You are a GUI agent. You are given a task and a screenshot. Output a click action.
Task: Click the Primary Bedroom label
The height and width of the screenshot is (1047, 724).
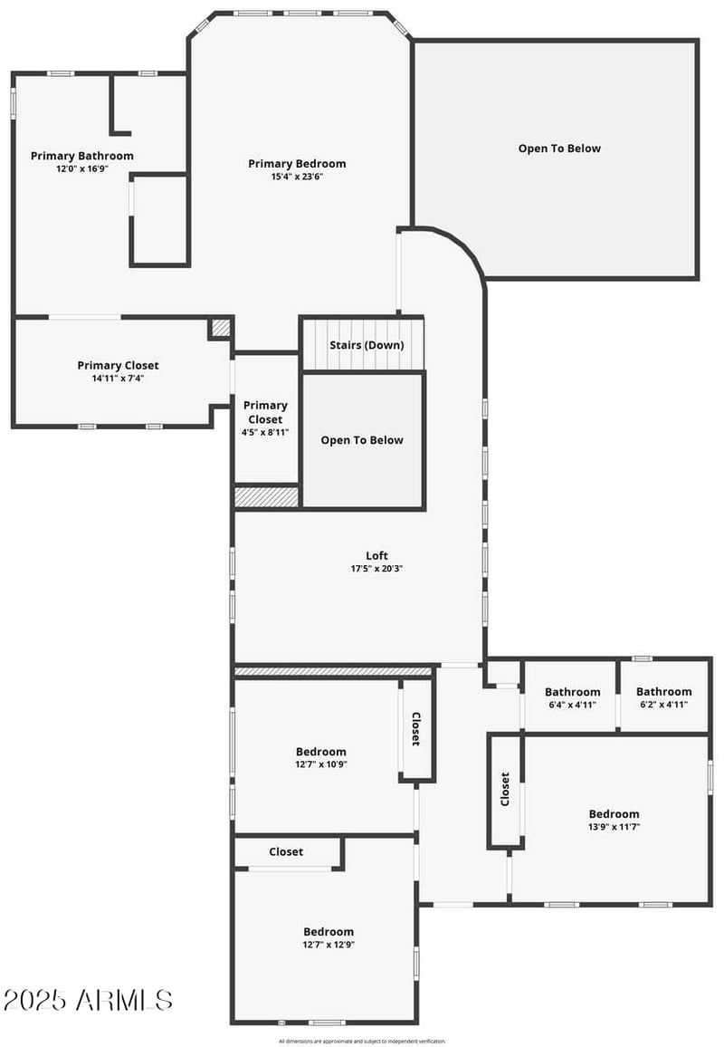(297, 164)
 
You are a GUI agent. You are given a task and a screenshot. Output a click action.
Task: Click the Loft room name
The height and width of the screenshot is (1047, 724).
(376, 556)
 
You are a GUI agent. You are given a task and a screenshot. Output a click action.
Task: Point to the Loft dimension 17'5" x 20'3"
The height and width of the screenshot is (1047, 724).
(376, 569)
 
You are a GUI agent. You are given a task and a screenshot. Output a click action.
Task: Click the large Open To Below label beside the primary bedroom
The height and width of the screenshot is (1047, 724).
(558, 149)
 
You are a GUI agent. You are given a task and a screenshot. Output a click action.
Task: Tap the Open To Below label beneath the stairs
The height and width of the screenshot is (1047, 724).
(362, 440)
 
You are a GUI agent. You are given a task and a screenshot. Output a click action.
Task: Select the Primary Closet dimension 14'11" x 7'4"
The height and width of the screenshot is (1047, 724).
(118, 379)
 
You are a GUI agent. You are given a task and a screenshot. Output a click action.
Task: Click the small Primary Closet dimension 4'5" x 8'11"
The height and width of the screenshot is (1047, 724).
(265, 433)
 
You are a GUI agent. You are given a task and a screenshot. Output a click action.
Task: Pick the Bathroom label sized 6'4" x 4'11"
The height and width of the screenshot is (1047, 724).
(572, 692)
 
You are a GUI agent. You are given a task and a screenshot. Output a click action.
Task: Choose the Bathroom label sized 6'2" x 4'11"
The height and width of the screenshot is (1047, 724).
(663, 692)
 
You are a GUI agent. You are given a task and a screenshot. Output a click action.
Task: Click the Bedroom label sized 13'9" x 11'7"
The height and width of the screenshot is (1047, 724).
(614, 814)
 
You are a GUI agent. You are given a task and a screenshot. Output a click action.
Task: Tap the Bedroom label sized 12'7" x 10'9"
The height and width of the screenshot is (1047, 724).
(321, 752)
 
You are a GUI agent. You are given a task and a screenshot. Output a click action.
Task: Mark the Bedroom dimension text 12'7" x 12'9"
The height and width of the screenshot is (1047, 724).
(328, 945)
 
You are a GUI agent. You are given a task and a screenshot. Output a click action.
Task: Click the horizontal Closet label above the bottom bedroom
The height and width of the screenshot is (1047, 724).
(286, 852)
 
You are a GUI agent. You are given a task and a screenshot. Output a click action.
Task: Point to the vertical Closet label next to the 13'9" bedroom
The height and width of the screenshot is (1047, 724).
(505, 790)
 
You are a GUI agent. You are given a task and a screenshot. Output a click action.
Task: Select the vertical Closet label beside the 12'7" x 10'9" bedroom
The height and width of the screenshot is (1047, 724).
(416, 728)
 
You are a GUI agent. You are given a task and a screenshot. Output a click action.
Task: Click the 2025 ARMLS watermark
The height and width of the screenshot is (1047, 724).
(88, 1000)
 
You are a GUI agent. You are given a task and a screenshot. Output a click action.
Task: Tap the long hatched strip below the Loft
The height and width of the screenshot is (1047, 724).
(333, 671)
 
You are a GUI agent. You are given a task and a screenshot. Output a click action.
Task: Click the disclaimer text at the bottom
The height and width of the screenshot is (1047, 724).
(362, 1042)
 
